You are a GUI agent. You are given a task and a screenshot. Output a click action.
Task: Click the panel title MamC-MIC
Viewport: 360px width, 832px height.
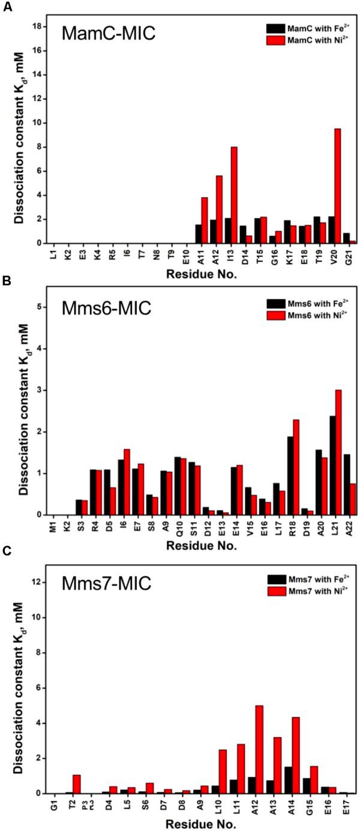pyautogui.click(x=109, y=34)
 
